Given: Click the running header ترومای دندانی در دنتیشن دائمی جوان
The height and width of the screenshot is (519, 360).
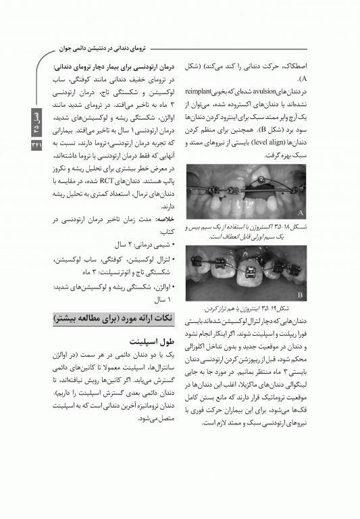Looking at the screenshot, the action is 100,49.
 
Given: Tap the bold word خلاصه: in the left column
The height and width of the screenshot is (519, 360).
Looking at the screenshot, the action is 166,220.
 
